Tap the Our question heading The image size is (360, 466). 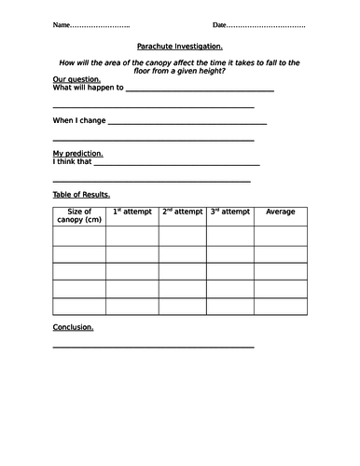(74, 81)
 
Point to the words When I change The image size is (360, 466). (78, 121)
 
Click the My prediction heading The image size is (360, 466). (77, 153)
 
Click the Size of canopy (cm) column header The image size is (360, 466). (79, 216)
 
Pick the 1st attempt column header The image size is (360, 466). (132, 212)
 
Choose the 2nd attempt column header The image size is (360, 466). (182, 212)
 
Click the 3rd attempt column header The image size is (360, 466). (230, 212)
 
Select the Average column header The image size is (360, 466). (281, 212)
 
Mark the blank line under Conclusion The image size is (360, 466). (153, 348)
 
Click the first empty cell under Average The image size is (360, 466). (281, 236)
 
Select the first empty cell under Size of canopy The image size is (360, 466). (79, 236)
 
